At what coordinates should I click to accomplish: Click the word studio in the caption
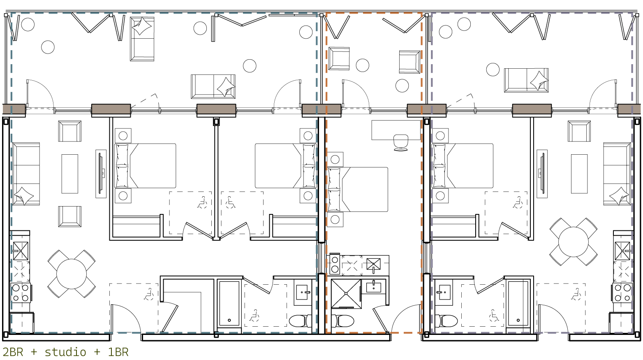[x=65, y=352]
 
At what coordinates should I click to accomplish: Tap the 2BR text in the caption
[x=13, y=352]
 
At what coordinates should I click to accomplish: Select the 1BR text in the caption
[x=118, y=352]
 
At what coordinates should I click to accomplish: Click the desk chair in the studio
[x=401, y=142]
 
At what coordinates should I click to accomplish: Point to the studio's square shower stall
[x=346, y=294]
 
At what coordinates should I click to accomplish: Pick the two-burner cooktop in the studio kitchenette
[x=334, y=264]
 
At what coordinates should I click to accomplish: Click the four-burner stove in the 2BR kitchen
[x=21, y=293]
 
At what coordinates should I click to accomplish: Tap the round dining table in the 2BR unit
[x=72, y=274]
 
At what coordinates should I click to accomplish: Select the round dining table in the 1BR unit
[x=573, y=242]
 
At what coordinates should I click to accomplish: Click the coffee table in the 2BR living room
[x=70, y=174]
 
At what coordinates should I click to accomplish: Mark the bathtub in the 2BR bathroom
[x=229, y=303]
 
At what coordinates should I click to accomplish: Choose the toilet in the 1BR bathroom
[x=446, y=321]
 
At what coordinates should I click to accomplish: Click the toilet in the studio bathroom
[x=342, y=321]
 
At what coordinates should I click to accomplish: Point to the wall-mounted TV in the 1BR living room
[x=542, y=174]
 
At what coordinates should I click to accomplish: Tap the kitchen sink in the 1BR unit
[x=622, y=251]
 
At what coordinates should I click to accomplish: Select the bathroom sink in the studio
[x=374, y=287]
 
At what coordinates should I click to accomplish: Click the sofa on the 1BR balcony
[x=526, y=80]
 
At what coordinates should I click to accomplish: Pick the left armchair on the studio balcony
[x=339, y=59]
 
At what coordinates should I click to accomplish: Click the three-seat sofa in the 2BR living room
[x=26, y=174]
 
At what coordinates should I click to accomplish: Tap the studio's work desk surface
[x=396, y=130]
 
